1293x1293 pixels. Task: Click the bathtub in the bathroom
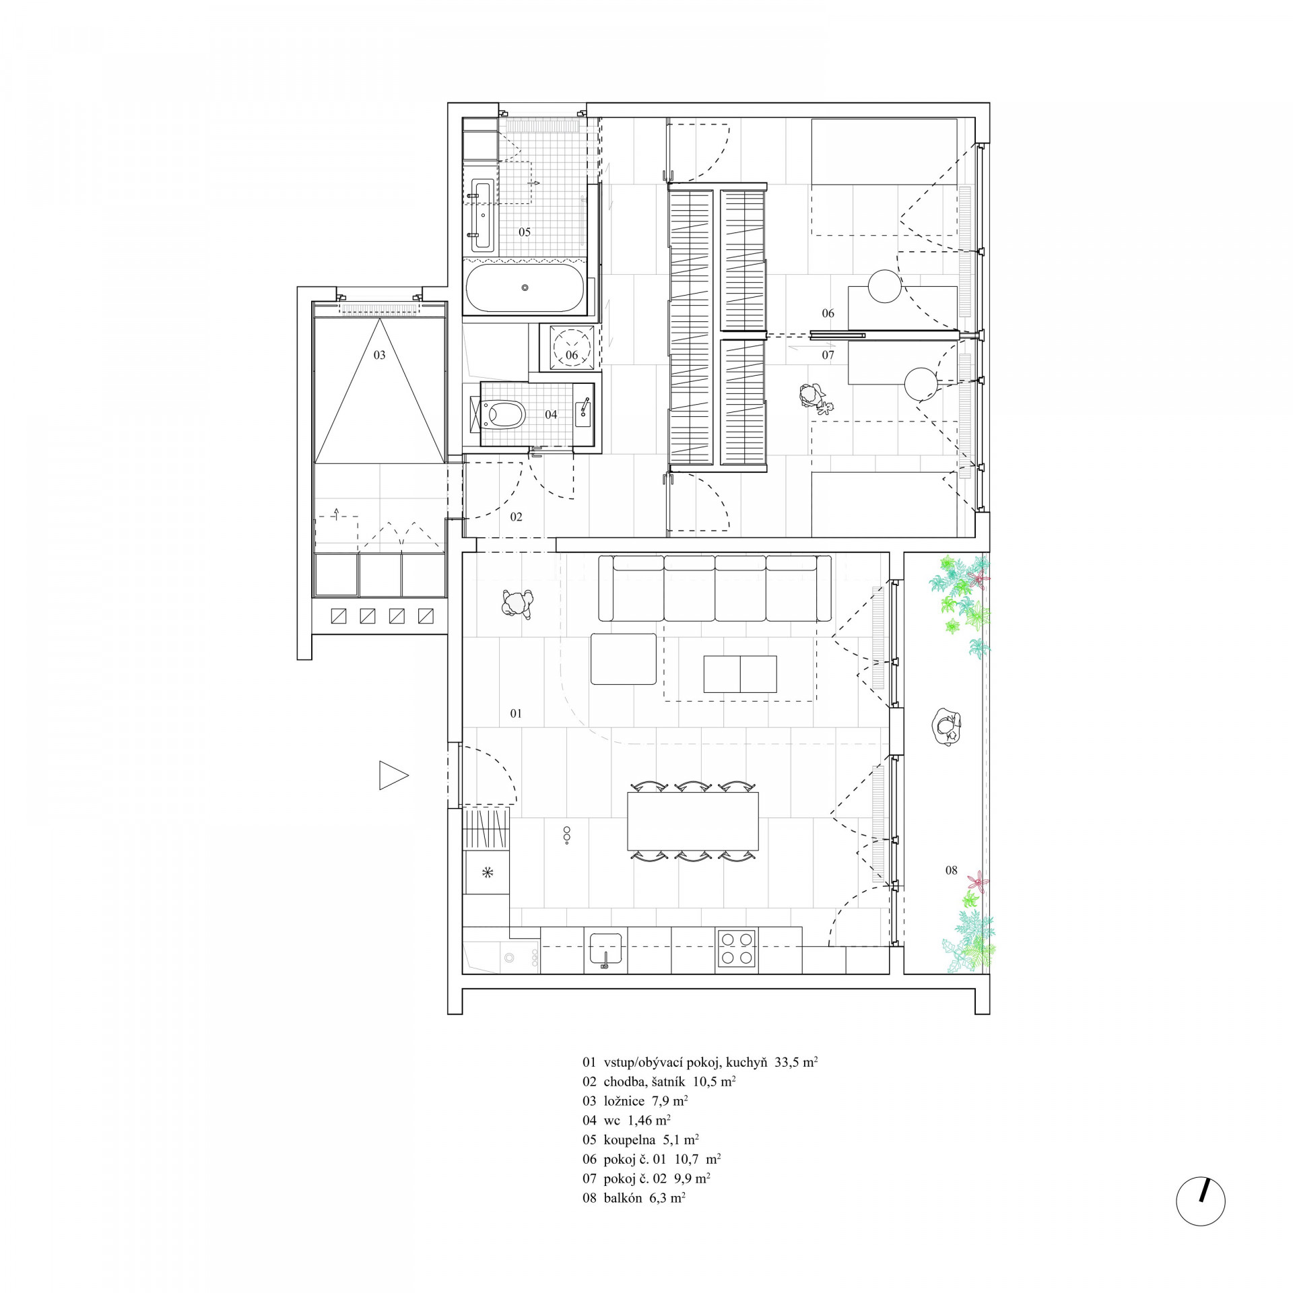pyautogui.click(x=525, y=288)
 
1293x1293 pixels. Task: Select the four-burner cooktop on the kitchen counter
pyautogui.click(x=737, y=948)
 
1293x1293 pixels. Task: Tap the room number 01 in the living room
pyautogui.click(x=516, y=713)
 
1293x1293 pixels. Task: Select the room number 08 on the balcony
pyautogui.click(x=951, y=871)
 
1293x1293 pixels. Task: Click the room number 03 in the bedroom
pyautogui.click(x=380, y=355)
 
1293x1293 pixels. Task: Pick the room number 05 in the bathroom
pyautogui.click(x=525, y=232)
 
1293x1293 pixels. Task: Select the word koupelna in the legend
pyautogui.click(x=629, y=1140)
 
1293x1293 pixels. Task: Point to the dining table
pyautogui.click(x=693, y=821)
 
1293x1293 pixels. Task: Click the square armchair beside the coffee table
pyautogui.click(x=623, y=659)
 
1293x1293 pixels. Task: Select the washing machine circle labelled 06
pyautogui.click(x=572, y=348)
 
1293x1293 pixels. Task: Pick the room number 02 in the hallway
pyautogui.click(x=516, y=517)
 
